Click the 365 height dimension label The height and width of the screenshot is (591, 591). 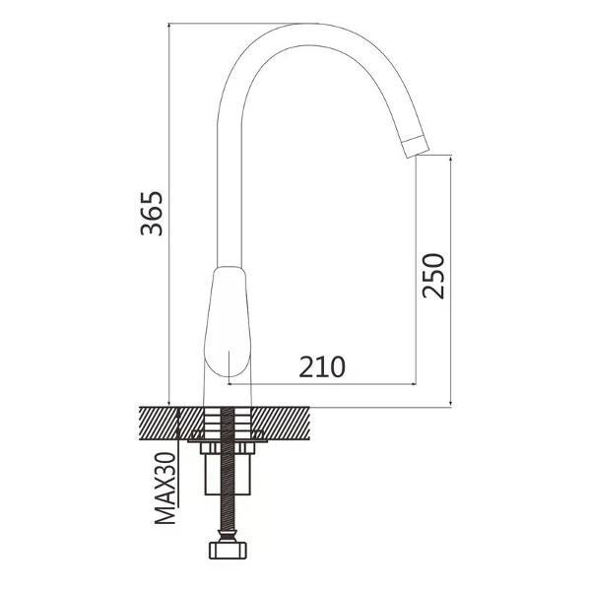[152, 214]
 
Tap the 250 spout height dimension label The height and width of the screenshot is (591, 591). [433, 276]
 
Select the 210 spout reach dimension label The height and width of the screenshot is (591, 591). [322, 366]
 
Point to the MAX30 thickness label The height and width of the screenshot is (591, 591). [165, 489]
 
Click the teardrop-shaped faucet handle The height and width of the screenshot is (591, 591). [228, 321]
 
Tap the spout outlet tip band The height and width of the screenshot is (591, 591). [416, 147]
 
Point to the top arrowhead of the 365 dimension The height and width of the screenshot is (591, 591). [169, 27]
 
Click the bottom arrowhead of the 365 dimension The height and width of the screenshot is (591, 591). [169, 403]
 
